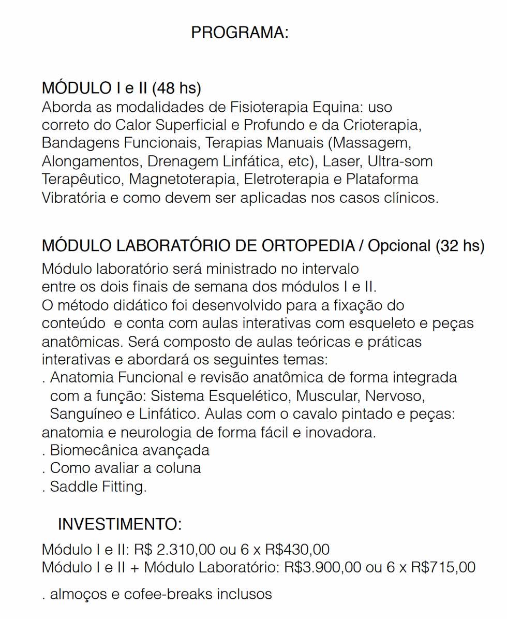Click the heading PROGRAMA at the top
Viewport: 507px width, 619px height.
pyautogui.click(x=239, y=33)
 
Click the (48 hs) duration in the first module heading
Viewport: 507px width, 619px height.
pyautogui.click(x=176, y=88)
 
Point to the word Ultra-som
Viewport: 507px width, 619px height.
pyautogui.click(x=400, y=161)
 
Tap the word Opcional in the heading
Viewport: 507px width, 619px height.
pyautogui.click(x=399, y=246)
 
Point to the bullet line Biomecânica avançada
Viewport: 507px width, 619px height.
pyautogui.click(x=129, y=450)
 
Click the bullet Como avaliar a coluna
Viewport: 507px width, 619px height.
pyautogui.click(x=125, y=468)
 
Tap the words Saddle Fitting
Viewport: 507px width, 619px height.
pyautogui.click(x=98, y=487)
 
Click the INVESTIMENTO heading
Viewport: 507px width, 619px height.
pyautogui.click(x=120, y=524)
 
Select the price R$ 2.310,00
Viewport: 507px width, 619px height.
pyautogui.click(x=169, y=549)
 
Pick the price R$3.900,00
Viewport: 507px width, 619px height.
pyautogui.click(x=322, y=567)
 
